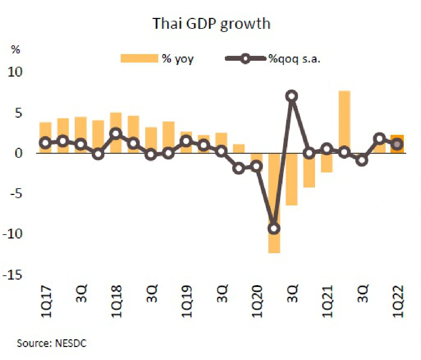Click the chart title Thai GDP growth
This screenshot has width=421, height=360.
pos(211,24)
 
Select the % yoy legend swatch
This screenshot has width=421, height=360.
pos(139,58)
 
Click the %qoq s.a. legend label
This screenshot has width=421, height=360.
pos(294,59)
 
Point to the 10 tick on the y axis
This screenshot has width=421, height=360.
pos(15,72)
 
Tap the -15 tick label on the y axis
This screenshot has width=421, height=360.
pos(13,275)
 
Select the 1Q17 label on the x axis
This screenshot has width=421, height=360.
pos(46,302)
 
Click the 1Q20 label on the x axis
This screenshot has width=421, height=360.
pos(257,302)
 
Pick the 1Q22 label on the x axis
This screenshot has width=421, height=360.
pos(398,302)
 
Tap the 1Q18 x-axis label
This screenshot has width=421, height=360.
pos(116,302)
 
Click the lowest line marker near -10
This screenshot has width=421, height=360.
pos(274,229)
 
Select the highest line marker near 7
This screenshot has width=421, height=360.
pos(292,96)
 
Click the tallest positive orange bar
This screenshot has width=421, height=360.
pos(344,122)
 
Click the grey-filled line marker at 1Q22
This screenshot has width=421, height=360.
pos(397,144)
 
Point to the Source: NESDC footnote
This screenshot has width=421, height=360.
pos(51,343)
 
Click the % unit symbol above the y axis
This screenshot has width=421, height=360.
pos(15,50)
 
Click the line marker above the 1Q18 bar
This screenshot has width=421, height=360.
pos(116,133)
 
